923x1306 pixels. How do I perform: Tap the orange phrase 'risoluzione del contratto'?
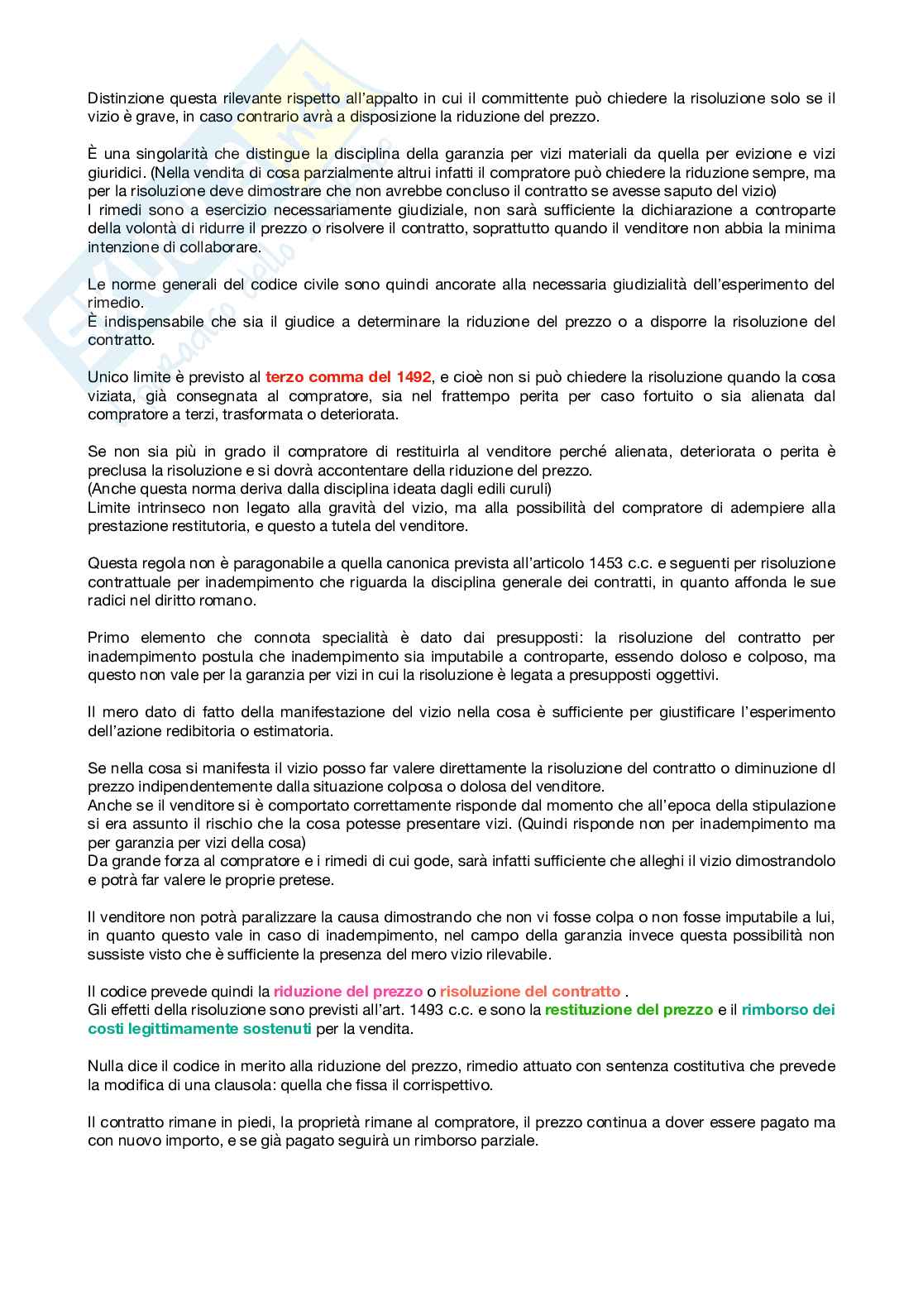click(x=530, y=991)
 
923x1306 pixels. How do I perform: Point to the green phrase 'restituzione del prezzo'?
click(x=629, y=1009)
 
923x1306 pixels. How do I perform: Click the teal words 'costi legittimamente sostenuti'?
click(x=199, y=1028)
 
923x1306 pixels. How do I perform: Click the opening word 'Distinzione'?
click(x=125, y=98)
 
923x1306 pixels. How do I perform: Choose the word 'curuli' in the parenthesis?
click(x=528, y=489)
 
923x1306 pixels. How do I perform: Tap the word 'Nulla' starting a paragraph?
click(x=105, y=1065)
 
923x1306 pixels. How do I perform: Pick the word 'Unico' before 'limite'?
click(x=107, y=377)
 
